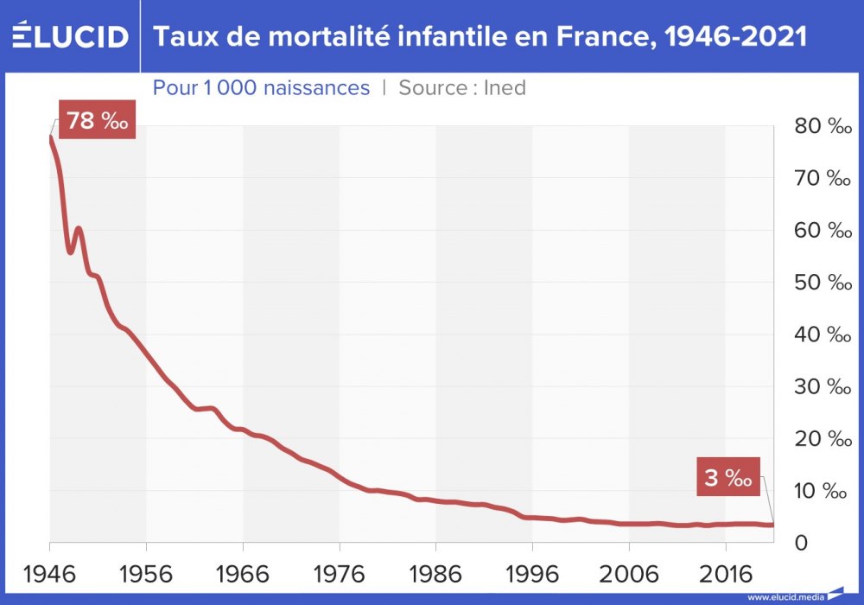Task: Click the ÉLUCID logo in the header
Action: point(71,36)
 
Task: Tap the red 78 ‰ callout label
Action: point(97,120)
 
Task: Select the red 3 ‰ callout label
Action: point(727,477)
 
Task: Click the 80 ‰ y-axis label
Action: point(823,126)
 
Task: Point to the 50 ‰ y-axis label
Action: point(823,283)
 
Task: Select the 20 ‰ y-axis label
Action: point(823,439)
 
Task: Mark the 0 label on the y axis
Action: point(801,544)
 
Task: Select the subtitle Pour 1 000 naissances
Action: point(261,87)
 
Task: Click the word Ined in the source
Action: point(505,87)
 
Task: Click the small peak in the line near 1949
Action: point(79,229)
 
